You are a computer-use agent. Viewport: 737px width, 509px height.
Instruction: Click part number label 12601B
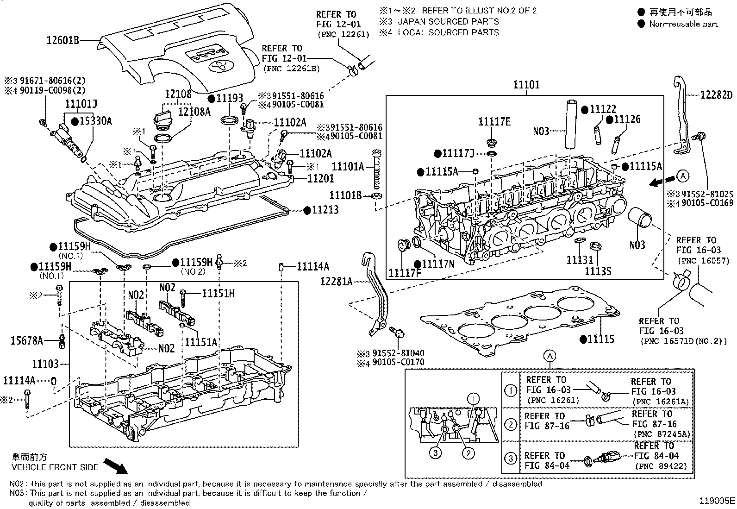pos(63,41)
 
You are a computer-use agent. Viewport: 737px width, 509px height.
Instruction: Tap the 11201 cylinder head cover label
pos(321,178)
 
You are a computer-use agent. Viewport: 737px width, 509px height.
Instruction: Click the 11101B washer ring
pos(376,196)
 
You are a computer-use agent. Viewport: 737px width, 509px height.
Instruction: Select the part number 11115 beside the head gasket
pos(600,339)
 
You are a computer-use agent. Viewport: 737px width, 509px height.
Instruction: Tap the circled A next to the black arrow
pos(682,176)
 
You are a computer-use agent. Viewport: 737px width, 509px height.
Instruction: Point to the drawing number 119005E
pos(717,501)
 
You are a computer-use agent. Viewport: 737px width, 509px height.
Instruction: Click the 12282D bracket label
pos(716,95)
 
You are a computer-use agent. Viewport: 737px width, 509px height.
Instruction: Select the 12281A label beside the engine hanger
pos(336,281)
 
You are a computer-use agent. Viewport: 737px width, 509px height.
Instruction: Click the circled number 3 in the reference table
pos(510,459)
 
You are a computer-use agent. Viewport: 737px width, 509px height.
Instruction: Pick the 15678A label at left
pos(26,341)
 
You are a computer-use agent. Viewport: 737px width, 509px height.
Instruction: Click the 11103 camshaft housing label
pos(45,364)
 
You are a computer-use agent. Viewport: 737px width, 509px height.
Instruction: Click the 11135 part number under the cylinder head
pos(598,271)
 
